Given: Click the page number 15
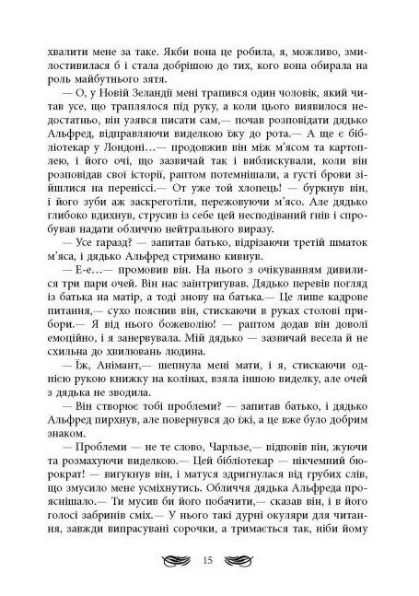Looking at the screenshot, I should tap(210, 560).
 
